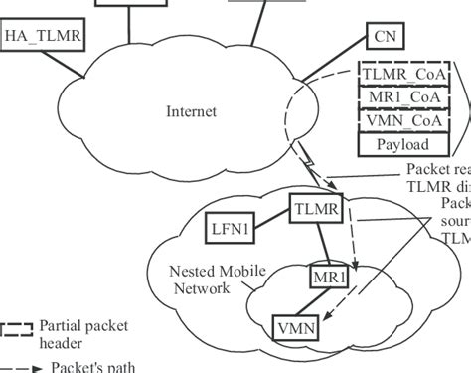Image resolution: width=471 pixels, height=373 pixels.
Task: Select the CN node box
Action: [384, 37]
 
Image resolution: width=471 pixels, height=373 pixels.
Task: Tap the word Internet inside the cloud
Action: [191, 111]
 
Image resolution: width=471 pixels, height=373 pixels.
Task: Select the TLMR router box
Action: [316, 209]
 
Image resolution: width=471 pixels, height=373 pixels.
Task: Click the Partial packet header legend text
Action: [83, 333]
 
